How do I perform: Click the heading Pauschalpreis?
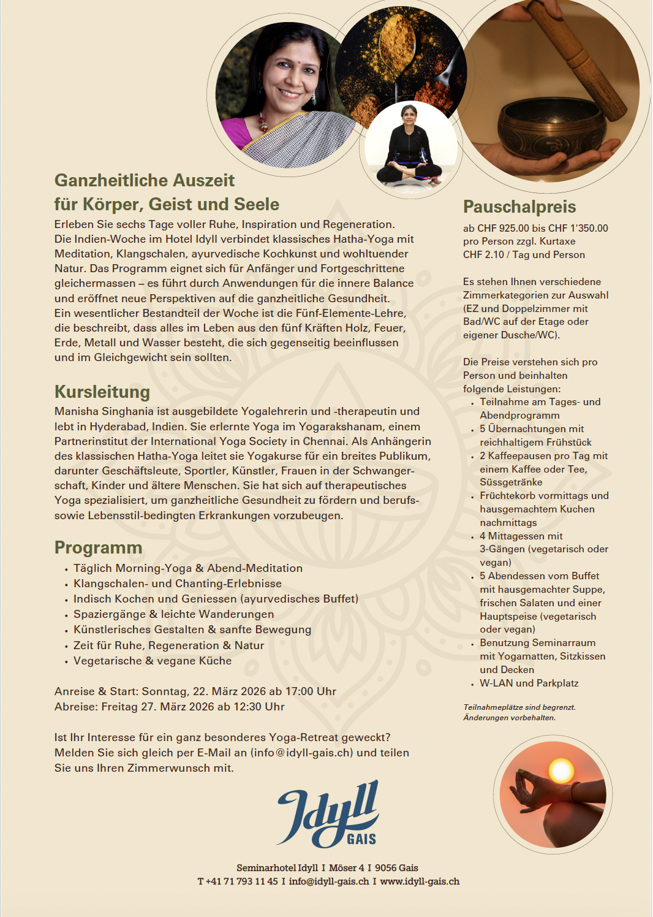click(x=519, y=207)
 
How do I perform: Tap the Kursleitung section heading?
click(x=102, y=392)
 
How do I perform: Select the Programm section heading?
click(x=98, y=547)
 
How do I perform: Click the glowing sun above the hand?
click(x=561, y=771)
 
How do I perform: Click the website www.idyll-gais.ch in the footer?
click(x=420, y=881)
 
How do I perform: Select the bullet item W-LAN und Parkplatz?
click(x=529, y=683)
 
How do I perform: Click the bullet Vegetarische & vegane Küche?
click(x=152, y=661)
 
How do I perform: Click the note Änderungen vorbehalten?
click(x=509, y=718)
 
